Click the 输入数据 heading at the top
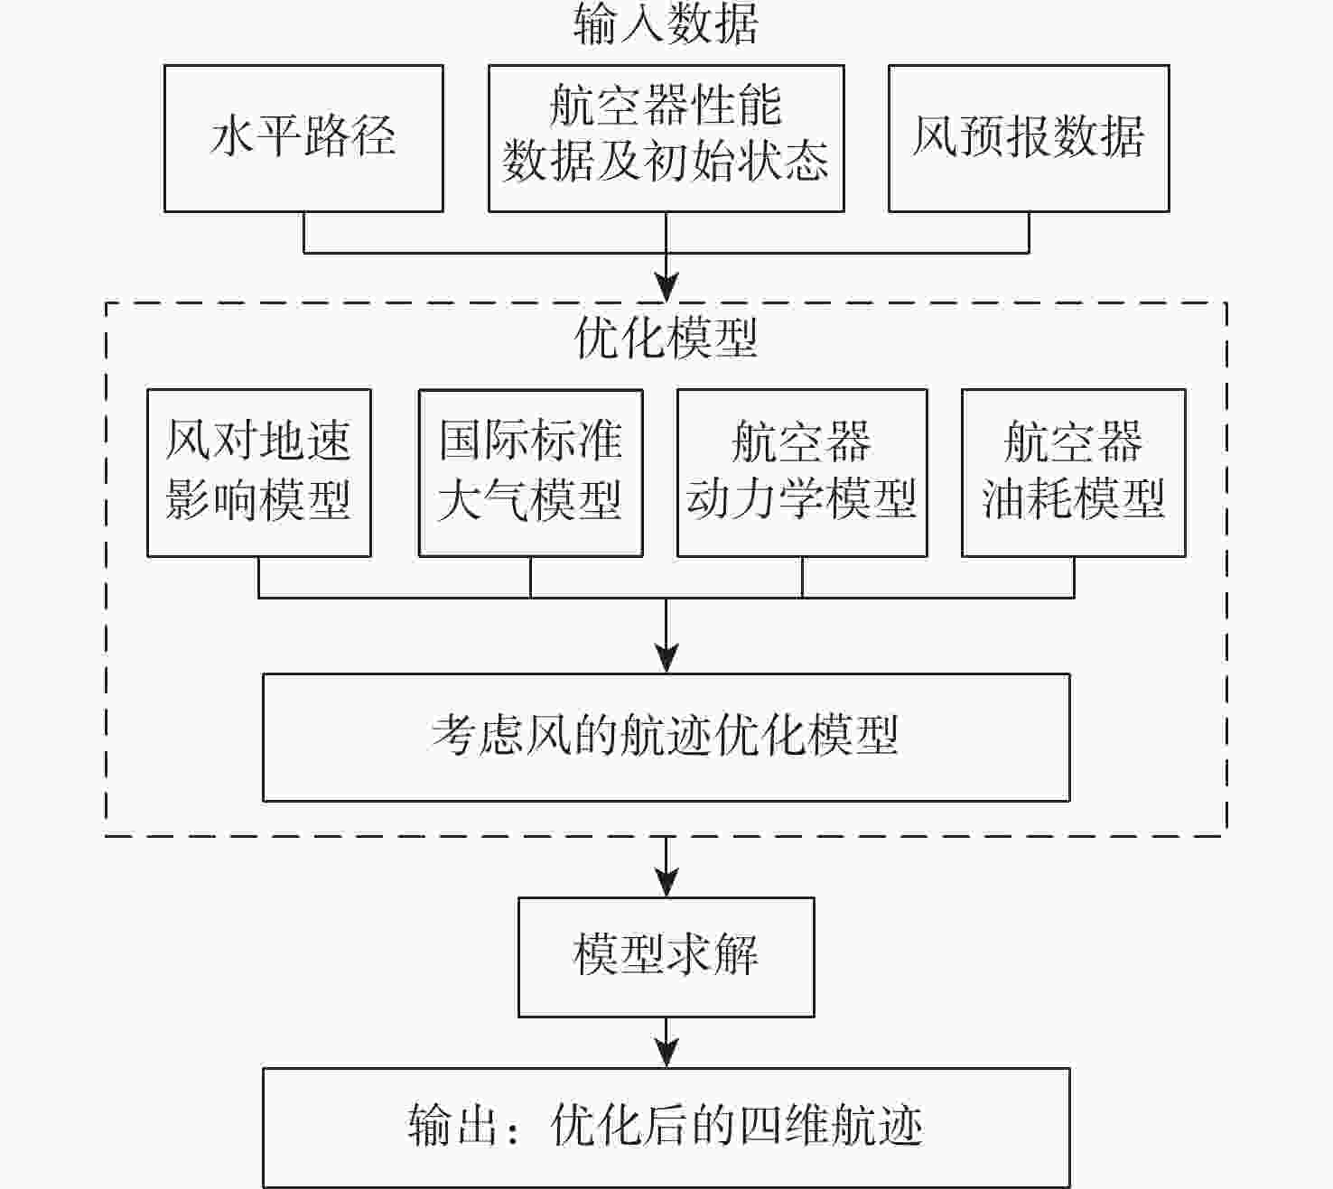tap(666, 24)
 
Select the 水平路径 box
tap(303, 138)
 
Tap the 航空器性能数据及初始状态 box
tap(666, 138)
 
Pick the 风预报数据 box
tap(1029, 138)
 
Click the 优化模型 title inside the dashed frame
tap(666, 339)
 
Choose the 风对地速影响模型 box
tap(259, 472)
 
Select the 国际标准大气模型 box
tap(530, 472)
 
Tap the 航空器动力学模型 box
tap(802, 472)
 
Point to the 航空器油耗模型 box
tap(1073, 472)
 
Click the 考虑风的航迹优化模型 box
tap(666, 737)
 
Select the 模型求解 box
tap(666, 956)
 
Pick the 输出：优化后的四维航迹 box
tap(666, 1127)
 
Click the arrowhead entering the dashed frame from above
tap(666, 289)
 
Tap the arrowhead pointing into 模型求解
tap(666, 884)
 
